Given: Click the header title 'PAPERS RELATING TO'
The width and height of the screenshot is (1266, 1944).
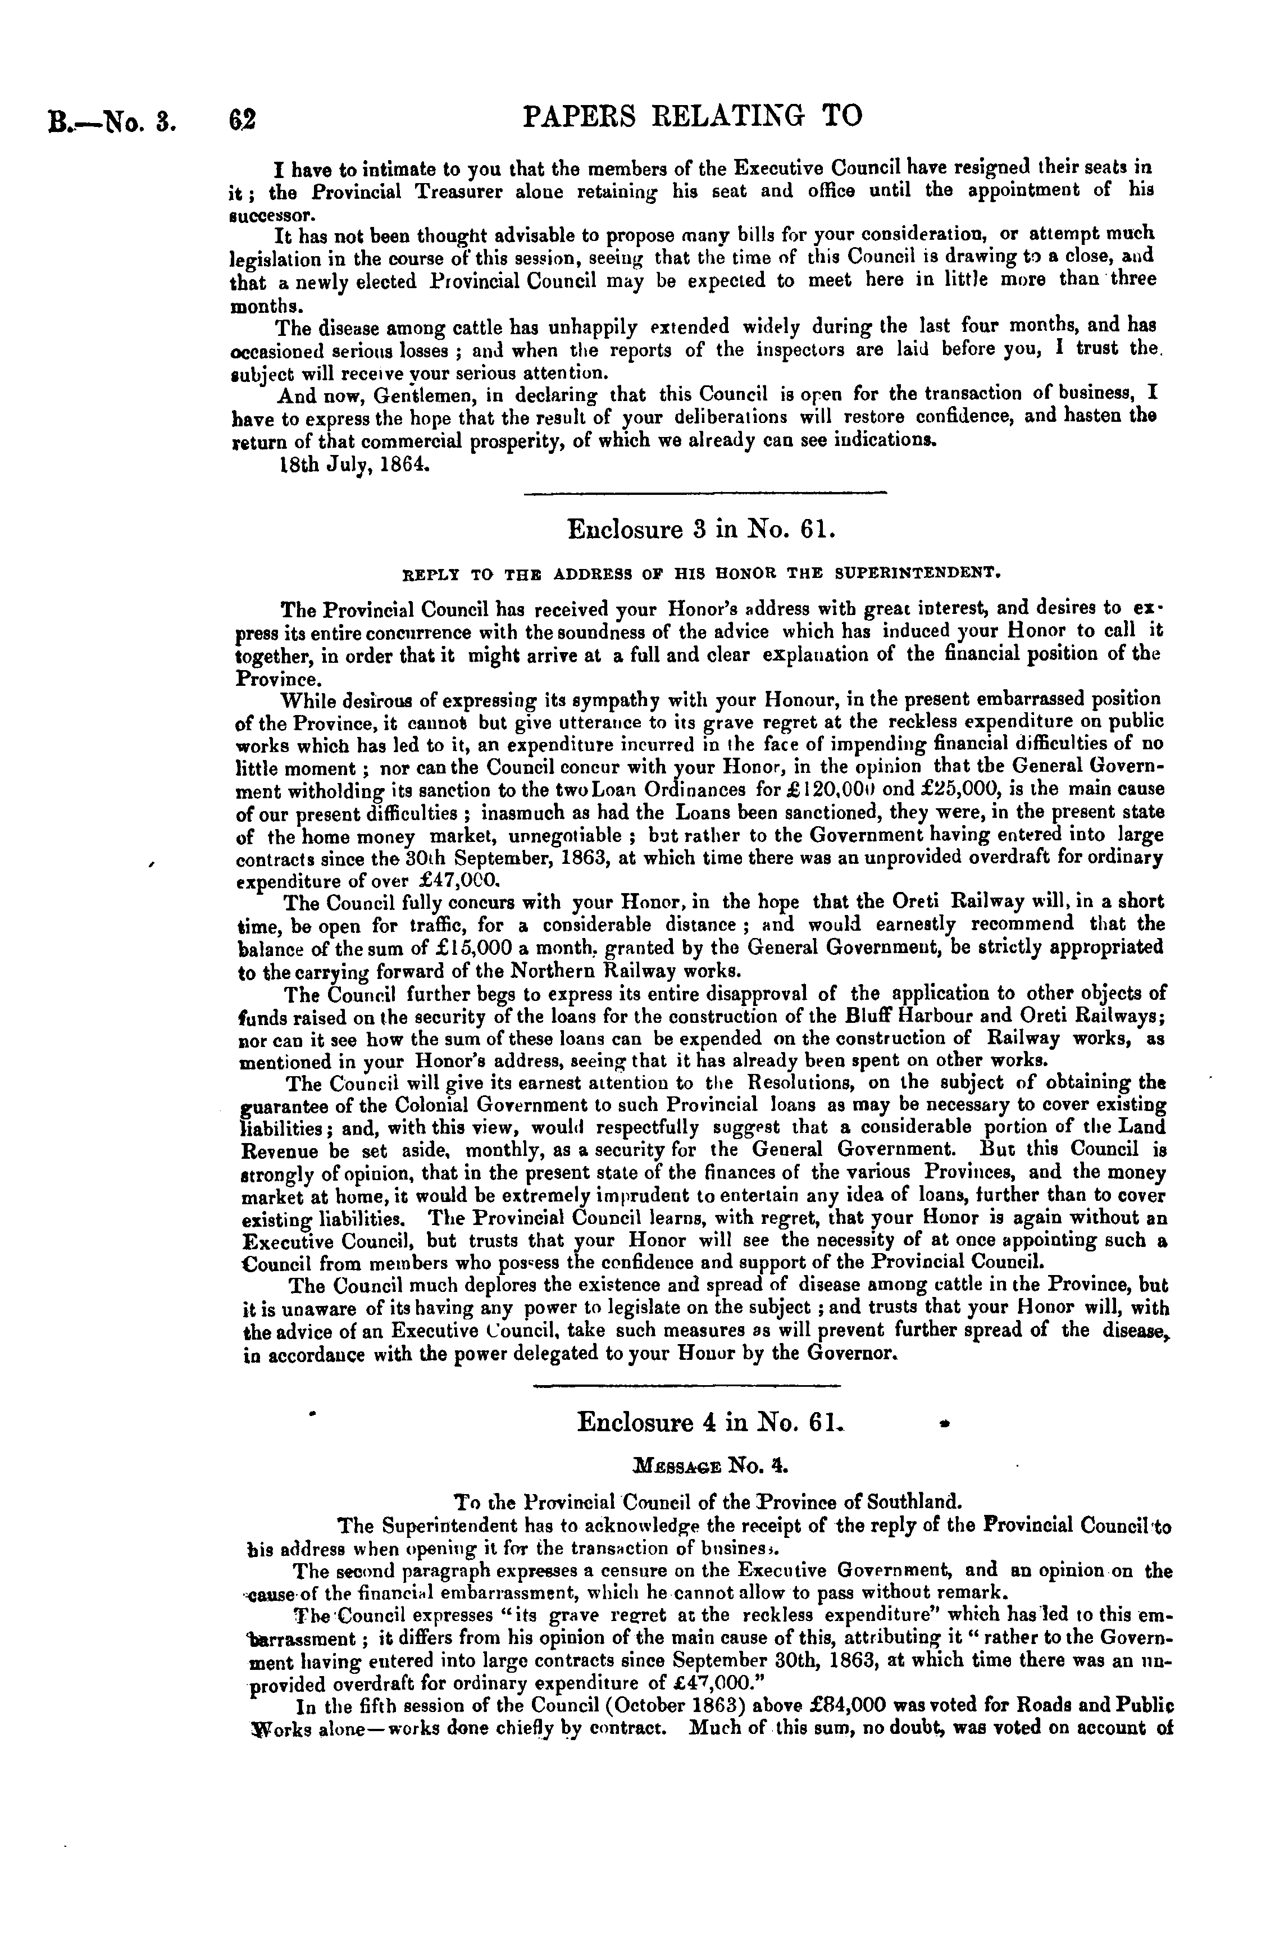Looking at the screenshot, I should tap(691, 117).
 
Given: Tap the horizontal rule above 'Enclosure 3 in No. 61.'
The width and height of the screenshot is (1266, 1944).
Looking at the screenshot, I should tap(704, 491).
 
